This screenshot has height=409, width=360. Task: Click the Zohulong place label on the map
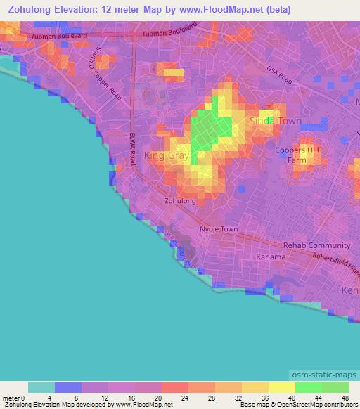(180, 201)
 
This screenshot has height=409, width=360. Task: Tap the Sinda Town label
(276, 121)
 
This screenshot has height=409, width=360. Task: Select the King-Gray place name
(166, 155)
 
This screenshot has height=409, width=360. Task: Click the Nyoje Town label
(219, 230)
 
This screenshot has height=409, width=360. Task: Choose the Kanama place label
(271, 257)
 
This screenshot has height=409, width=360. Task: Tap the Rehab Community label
(316, 245)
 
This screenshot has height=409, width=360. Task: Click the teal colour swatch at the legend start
(41, 387)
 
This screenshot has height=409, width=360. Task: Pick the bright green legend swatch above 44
(308, 387)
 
